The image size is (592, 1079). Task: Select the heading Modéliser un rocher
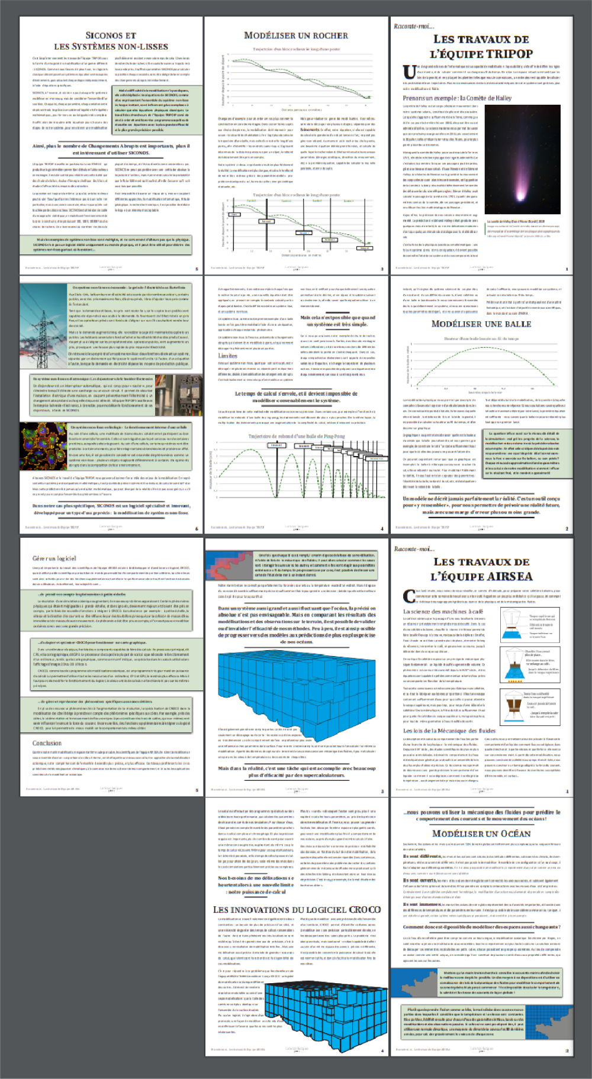click(296, 35)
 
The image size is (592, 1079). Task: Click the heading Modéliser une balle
click(481, 324)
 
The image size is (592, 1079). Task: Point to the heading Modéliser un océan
click(481, 834)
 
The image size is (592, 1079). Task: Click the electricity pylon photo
click(43, 325)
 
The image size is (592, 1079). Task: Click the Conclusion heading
click(47, 743)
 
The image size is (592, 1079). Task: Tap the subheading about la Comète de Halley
click(449, 98)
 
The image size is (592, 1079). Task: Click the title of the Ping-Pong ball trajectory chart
click(296, 437)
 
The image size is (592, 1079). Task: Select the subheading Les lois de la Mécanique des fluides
click(449, 731)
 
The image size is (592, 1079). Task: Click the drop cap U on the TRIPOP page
click(409, 72)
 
